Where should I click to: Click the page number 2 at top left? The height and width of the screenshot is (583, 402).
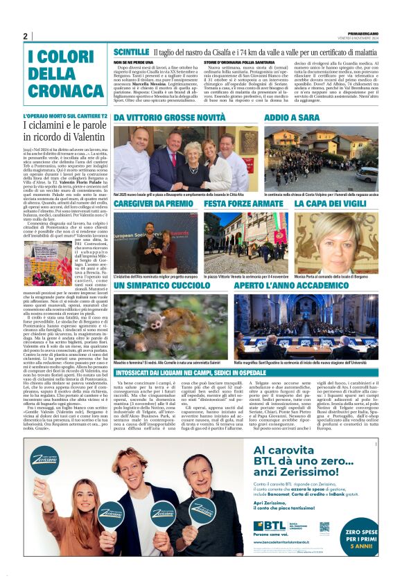[25, 36]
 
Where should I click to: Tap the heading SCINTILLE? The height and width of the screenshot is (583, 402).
[131, 52]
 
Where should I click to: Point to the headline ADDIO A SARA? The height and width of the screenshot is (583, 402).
[290, 118]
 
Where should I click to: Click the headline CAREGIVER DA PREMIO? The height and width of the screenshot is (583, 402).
[153, 204]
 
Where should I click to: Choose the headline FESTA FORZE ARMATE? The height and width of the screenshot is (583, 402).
[244, 204]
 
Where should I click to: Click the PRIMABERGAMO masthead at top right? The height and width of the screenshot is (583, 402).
[362, 32]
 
